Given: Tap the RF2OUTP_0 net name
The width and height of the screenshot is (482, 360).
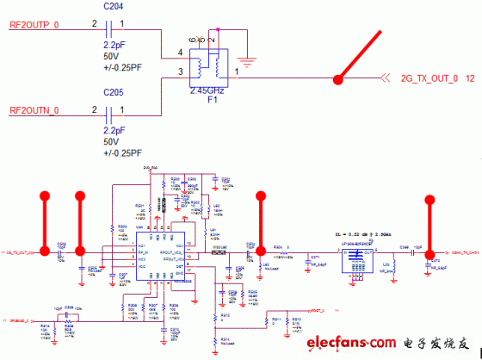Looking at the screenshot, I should pyautogui.click(x=35, y=28).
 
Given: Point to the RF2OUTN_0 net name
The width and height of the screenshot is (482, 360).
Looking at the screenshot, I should pyautogui.click(x=35, y=110).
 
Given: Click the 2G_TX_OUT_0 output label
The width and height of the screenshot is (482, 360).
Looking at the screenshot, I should pyautogui.click(x=429, y=78).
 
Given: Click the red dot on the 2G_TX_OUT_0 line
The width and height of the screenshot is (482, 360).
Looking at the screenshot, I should pyautogui.click(x=338, y=79).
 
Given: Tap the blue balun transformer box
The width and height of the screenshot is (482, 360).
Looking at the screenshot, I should pyautogui.click(x=207, y=65).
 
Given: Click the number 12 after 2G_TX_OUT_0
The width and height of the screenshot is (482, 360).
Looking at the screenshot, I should pyautogui.click(x=470, y=78).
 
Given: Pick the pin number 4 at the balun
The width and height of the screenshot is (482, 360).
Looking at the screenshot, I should pyautogui.click(x=181, y=53).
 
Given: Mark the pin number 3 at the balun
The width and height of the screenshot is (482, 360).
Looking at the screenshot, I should pyautogui.click(x=181, y=72).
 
